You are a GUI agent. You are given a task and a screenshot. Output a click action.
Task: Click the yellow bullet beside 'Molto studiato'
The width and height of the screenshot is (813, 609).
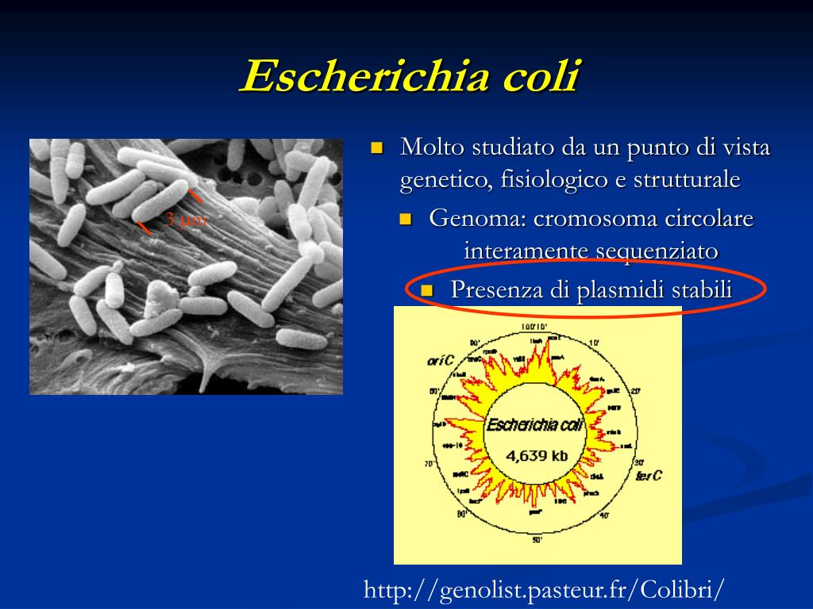pos(377,147)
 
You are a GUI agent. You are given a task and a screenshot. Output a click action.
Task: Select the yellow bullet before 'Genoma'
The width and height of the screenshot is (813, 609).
pos(406,219)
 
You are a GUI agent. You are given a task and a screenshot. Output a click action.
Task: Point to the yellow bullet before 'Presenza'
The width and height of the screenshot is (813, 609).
pos(427,290)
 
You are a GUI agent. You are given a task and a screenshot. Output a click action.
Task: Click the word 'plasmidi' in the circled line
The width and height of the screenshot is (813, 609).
pos(621,290)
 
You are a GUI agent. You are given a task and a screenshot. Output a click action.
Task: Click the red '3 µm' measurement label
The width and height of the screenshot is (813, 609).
pos(184,220)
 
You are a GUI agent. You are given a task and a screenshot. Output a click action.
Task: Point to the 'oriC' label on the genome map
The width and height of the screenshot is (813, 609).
pos(440,362)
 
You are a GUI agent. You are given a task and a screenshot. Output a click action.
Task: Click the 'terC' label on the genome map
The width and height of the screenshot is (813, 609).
pos(649,476)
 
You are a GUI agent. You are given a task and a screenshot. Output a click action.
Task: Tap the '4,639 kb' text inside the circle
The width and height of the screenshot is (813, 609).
pos(538,456)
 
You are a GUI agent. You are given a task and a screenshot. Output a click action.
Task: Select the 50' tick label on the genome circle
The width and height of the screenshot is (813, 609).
pos(537,540)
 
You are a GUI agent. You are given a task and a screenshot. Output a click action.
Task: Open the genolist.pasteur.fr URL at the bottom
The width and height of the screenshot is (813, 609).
pos(544,590)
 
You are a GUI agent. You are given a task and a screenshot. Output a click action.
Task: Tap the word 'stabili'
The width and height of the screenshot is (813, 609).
pos(702,290)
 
